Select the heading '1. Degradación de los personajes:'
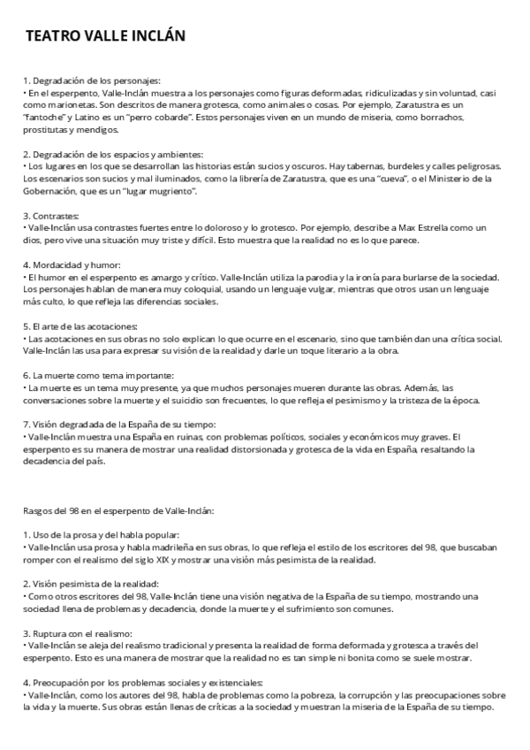(x=91, y=80)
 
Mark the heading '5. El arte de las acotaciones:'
(x=80, y=325)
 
